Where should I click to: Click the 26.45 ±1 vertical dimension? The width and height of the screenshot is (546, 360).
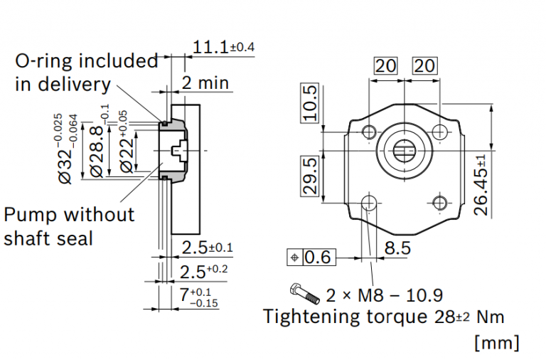[483, 184]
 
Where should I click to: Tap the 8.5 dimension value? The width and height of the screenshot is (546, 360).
[397, 248]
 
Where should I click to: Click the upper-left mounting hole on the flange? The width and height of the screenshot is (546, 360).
[368, 132]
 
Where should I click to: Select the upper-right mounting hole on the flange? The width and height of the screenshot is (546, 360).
[441, 132]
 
